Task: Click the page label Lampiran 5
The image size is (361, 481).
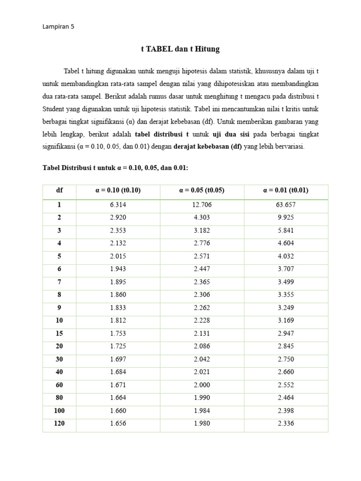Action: (58, 27)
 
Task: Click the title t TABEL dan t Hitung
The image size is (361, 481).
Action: (180, 49)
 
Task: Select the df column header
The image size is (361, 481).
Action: (59, 190)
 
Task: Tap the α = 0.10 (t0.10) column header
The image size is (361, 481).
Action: (118, 190)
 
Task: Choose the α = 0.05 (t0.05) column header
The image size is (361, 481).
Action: (202, 190)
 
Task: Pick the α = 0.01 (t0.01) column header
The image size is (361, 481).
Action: (286, 190)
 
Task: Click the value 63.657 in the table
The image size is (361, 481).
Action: (286, 205)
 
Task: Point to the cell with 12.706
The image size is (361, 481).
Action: (202, 205)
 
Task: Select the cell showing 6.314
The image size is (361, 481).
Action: (118, 205)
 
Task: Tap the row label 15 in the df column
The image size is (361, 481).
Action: (59, 334)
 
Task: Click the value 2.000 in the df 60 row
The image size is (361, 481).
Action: (202, 385)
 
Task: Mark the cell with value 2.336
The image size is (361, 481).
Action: (286, 423)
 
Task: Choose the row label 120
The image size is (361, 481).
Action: (59, 423)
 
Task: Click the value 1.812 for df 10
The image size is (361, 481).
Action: (118, 320)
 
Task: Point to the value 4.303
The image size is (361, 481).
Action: (202, 218)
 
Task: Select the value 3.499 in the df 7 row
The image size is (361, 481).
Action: (286, 282)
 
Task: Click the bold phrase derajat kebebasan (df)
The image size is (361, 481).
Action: (208, 146)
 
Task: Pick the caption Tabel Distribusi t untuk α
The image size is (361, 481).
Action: (115, 167)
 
